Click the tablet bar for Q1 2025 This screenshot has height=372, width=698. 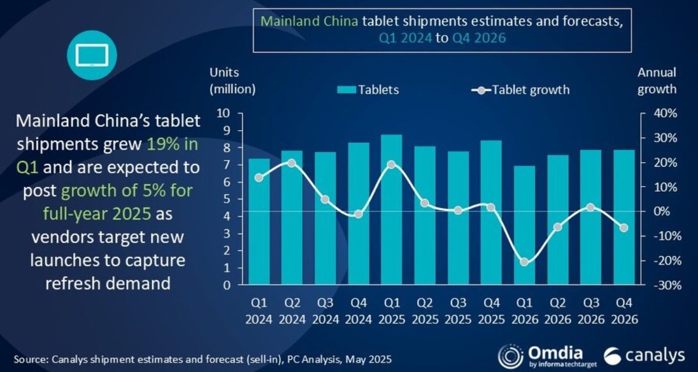[391, 209]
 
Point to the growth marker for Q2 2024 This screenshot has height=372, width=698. [292, 163]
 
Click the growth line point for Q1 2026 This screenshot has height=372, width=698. [524, 262]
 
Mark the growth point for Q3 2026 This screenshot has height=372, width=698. [590, 208]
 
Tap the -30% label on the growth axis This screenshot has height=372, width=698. [664, 285]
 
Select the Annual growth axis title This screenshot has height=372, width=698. [657, 81]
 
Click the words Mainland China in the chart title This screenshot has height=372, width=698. [308, 22]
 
